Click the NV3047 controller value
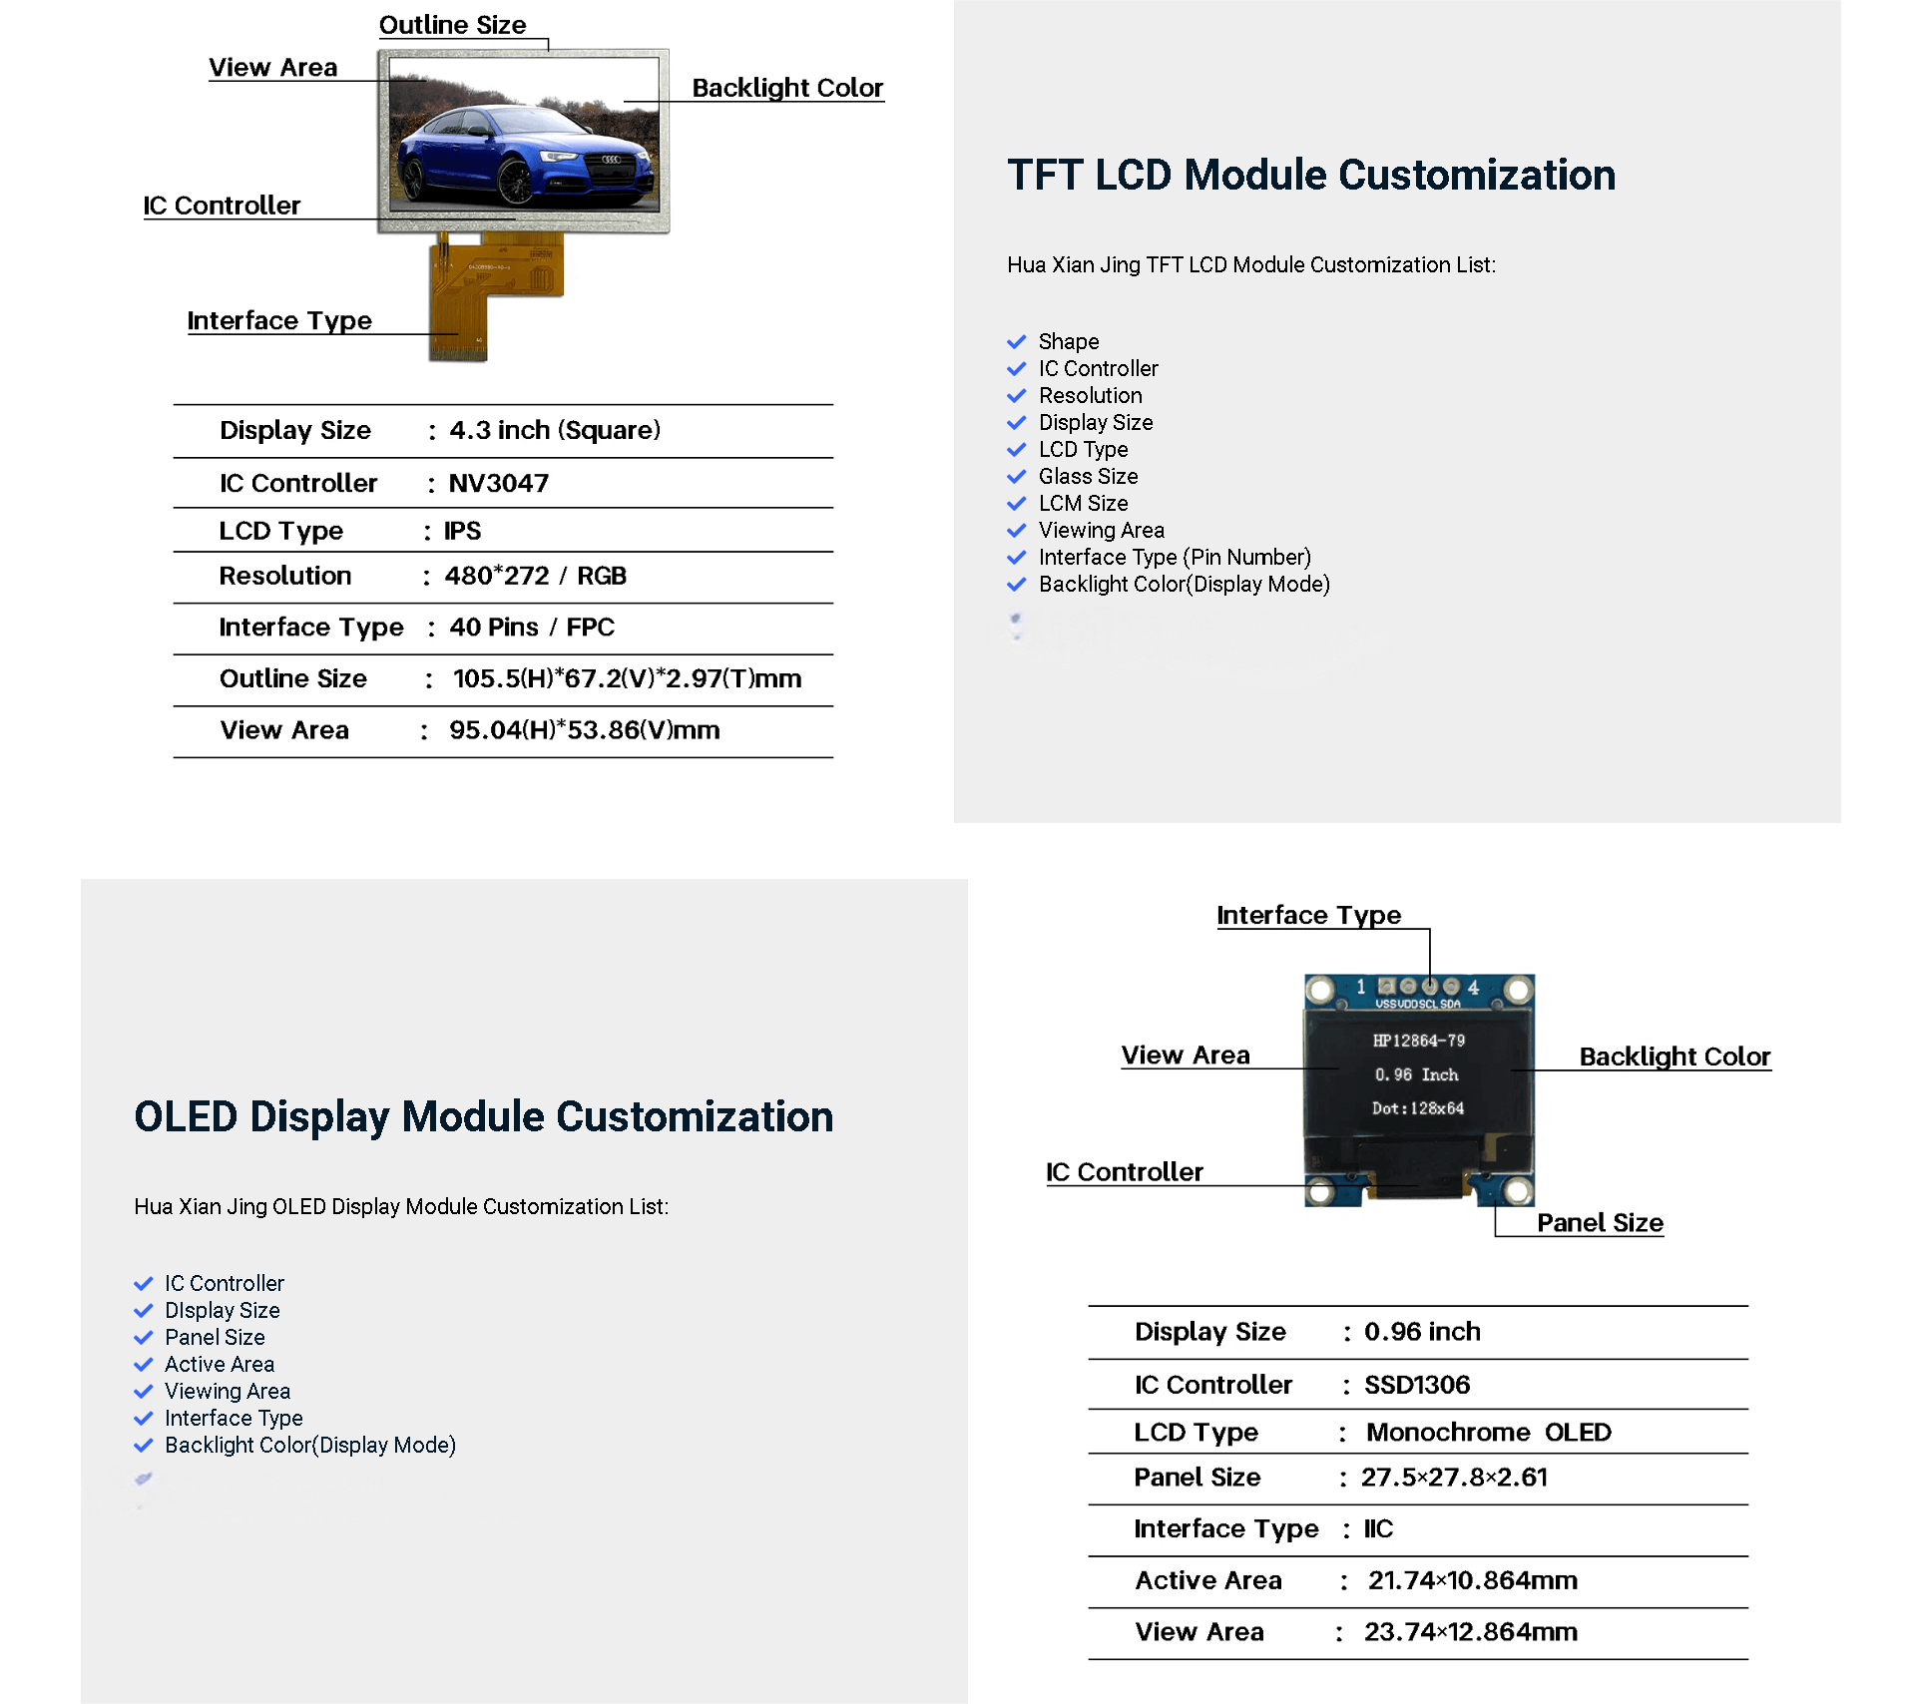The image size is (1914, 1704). (498, 484)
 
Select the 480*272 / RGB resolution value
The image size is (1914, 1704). (535, 577)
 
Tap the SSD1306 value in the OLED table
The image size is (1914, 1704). (1416, 1385)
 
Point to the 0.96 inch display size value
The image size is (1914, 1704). (1421, 1332)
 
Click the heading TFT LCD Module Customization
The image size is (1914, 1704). (1310, 176)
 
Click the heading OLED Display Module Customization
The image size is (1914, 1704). (483, 1117)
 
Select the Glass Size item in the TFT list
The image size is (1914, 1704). (1088, 477)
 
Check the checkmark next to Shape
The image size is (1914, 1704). (1016, 342)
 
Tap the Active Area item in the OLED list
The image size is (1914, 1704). (220, 1365)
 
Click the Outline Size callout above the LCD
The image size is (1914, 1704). (452, 25)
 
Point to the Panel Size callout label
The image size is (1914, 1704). (1600, 1223)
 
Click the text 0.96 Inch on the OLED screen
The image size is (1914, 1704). (1416, 1074)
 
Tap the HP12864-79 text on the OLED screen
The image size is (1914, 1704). (1418, 1041)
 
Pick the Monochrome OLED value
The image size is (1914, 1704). (1488, 1433)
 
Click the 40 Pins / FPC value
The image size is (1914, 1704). (531, 628)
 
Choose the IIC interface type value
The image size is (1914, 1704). (1378, 1529)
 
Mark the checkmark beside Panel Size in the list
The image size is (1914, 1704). (144, 1338)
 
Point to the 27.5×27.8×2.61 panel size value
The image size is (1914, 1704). (1454, 1478)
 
